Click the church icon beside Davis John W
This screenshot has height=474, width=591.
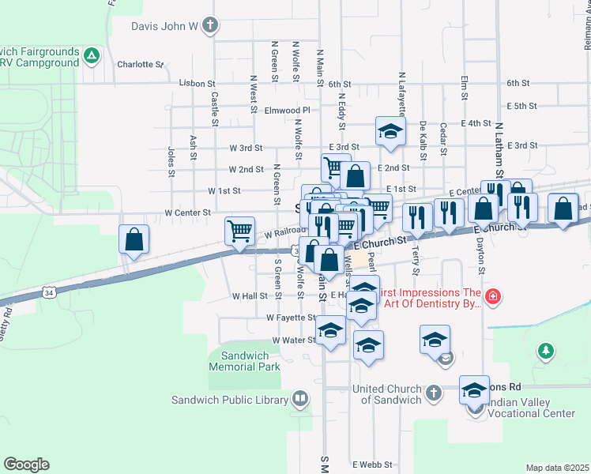coord(209,26)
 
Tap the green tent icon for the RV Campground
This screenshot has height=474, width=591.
coord(92,56)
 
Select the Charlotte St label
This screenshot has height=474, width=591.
coord(140,64)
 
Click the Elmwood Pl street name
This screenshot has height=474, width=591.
coord(288,111)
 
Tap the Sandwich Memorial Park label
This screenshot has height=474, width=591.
coord(245,362)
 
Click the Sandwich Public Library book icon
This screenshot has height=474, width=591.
coord(300,399)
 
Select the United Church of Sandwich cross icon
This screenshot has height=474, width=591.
coord(433,393)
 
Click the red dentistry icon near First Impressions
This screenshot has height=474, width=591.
coord(493,297)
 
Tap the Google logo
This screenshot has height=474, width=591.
coord(26,464)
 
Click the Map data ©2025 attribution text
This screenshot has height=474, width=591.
coord(557,468)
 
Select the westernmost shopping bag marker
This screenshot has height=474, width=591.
coord(134,239)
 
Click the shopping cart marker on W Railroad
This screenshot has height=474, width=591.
coord(239,231)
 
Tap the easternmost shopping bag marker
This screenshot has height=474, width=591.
coord(563,209)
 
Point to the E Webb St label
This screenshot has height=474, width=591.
coord(372,465)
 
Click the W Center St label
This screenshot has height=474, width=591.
coord(187,213)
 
